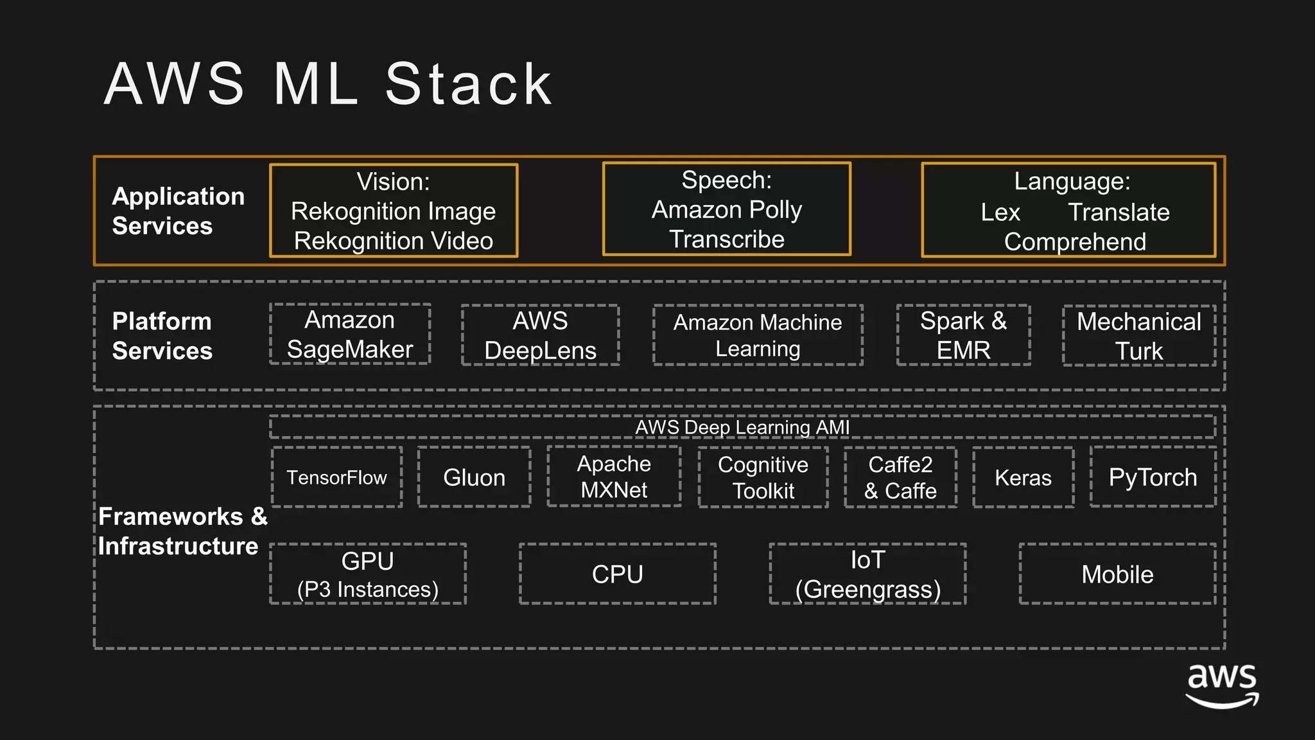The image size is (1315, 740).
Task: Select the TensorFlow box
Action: pos(337,477)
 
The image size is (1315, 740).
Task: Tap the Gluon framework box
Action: pos(474,477)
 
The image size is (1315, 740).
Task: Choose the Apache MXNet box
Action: pos(614,477)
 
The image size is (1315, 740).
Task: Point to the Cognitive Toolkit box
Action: pos(763,477)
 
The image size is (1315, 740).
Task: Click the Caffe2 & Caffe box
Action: pos(900,477)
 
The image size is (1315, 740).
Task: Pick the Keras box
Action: pos(1023,477)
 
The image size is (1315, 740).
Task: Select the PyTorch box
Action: pos(1153,477)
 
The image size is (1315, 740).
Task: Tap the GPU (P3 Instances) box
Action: pos(368,574)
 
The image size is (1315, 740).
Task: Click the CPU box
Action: pos(617,574)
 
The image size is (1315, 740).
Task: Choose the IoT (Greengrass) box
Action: pos(867,574)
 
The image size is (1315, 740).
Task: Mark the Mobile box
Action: pos(1117,574)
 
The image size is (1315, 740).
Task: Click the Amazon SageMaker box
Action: pos(350,334)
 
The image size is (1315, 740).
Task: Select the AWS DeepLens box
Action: pos(540,335)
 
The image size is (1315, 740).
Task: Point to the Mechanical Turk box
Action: pos(1138,335)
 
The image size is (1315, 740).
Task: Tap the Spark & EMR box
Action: pos(963,335)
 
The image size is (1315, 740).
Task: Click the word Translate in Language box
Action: pos(1119,212)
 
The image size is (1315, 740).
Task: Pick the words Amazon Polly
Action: pos(726,209)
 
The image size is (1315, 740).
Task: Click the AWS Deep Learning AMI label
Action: pos(742,427)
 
